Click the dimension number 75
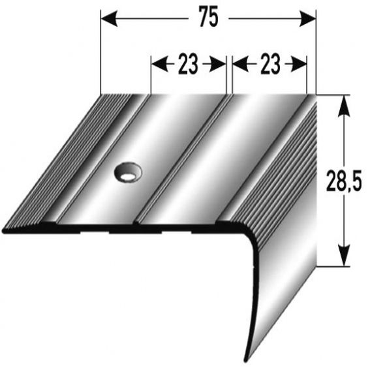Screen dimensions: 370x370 208,20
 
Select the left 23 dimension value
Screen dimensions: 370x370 188,64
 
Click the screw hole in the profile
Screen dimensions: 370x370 128,172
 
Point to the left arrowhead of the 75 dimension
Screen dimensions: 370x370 106,20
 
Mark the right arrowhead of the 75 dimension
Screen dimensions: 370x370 310,20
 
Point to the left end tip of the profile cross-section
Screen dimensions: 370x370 5,229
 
